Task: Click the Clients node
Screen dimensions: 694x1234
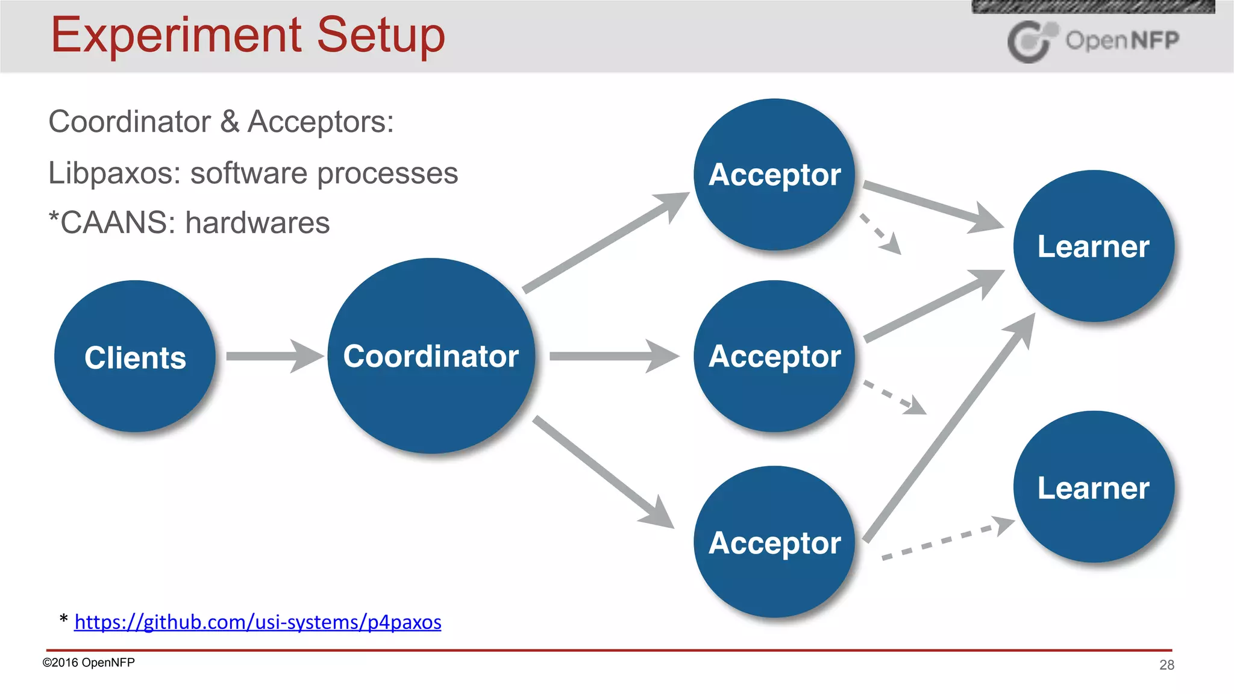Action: (x=135, y=356)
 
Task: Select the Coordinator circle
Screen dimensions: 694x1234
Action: (x=431, y=356)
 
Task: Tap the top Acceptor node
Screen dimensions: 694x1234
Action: (x=774, y=175)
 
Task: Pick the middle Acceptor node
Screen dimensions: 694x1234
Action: (x=774, y=356)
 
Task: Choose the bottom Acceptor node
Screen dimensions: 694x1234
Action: (x=774, y=542)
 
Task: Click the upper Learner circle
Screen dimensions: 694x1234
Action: (x=1093, y=246)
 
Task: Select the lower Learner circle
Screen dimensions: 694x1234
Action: (x=1093, y=487)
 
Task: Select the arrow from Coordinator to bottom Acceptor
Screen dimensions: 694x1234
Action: (x=603, y=471)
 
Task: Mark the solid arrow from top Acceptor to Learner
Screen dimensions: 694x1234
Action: (x=931, y=205)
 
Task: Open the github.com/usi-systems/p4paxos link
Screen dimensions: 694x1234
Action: (x=258, y=622)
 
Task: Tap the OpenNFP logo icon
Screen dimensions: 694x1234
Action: (x=1031, y=41)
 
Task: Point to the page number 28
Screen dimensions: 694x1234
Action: (x=1167, y=664)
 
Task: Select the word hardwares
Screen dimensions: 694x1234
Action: (x=257, y=223)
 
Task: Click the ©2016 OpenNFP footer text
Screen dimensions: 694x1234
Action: (x=89, y=663)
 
